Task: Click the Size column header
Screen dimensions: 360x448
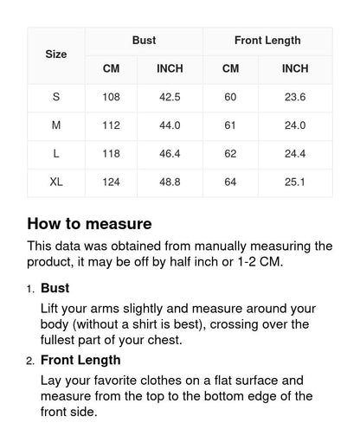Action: tap(56, 54)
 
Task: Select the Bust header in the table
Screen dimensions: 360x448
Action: tap(144, 41)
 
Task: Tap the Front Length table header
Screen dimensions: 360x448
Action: tap(267, 41)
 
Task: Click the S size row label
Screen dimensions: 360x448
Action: tap(56, 97)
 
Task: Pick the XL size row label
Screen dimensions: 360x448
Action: tap(56, 182)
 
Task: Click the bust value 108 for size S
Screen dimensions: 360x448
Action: tap(111, 97)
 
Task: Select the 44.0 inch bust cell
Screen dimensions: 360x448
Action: tap(170, 125)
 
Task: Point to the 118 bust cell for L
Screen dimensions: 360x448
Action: tap(111, 154)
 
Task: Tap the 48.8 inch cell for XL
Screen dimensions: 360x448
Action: tap(170, 182)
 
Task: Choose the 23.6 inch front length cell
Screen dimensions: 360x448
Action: tap(295, 97)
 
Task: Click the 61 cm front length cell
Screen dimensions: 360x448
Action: tap(230, 125)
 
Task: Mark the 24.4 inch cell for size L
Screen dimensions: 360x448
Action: tap(295, 154)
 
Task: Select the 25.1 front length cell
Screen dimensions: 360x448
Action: tap(295, 182)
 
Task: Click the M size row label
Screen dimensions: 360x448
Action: tap(56, 125)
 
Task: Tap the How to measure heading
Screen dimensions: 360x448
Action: tap(89, 224)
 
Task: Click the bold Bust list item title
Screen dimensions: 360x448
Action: tap(55, 288)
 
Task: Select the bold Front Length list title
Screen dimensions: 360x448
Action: tap(80, 360)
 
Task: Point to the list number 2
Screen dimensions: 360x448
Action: tap(30, 361)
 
